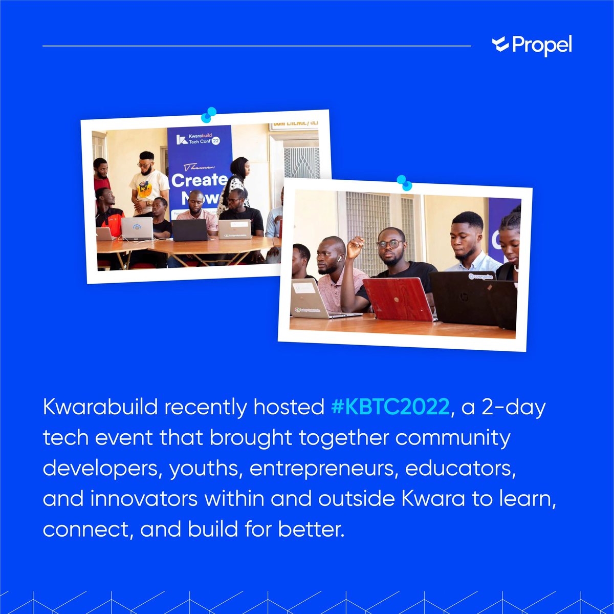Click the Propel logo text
coord(541,46)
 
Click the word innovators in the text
coord(144,499)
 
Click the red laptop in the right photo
coord(398,299)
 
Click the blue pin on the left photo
coord(208,115)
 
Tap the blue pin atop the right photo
coord(404,182)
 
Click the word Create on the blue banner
coord(199,180)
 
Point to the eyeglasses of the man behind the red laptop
coord(390,244)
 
